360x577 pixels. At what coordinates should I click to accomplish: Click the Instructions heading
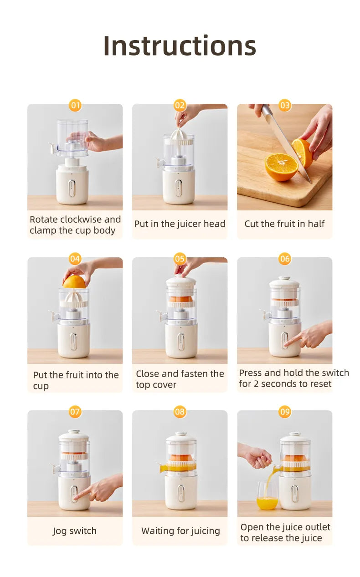click(180, 46)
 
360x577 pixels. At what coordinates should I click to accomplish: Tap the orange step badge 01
click(75, 106)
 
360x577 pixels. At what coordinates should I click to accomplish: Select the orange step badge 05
click(180, 259)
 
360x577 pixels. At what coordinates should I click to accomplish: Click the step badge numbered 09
click(285, 412)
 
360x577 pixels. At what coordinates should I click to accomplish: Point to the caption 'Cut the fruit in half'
click(284, 224)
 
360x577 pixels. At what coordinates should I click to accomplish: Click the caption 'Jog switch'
click(75, 531)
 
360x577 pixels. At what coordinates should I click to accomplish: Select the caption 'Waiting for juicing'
click(180, 531)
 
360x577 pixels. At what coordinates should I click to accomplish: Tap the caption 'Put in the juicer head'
click(180, 224)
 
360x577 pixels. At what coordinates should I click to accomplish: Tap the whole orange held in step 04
click(74, 282)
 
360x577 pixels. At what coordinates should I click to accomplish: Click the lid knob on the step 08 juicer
click(181, 434)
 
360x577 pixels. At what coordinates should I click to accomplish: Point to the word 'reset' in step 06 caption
click(319, 384)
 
